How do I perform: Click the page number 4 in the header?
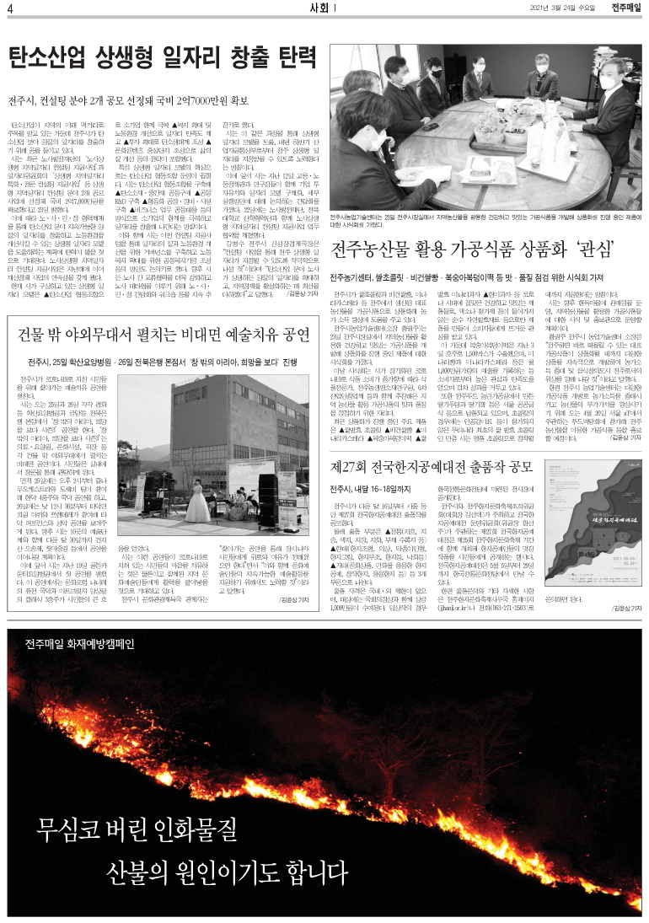point(11,9)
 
